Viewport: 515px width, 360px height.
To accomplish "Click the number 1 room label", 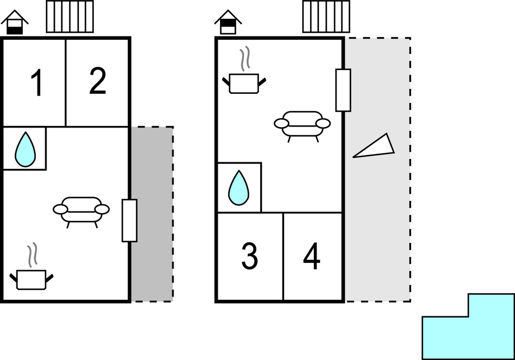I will coord(36,84).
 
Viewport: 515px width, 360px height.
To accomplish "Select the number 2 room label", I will coord(97,81).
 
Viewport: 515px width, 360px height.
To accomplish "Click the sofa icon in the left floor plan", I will coord(81,210).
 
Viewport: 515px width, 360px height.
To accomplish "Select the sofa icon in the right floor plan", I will coord(302,124).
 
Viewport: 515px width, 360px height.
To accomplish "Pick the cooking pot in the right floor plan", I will coord(244,83).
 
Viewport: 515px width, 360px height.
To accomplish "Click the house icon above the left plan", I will coord(15,23).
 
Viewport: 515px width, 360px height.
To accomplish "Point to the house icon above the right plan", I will coord(228,23).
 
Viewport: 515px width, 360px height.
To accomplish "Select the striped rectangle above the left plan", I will coord(70,17).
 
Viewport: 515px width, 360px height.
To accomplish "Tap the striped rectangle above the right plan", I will coord(326,17).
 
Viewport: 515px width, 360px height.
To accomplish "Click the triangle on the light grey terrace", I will coord(376,147).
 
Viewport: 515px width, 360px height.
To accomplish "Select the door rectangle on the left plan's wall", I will coord(129,220).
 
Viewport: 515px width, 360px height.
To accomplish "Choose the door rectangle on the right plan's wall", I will coord(343,90).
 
